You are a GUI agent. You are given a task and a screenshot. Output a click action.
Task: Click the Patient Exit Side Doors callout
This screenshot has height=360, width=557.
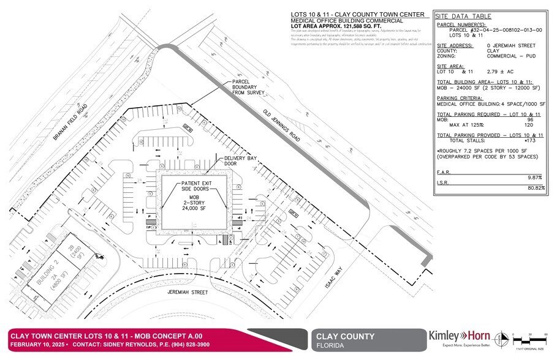coord(195,187)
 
